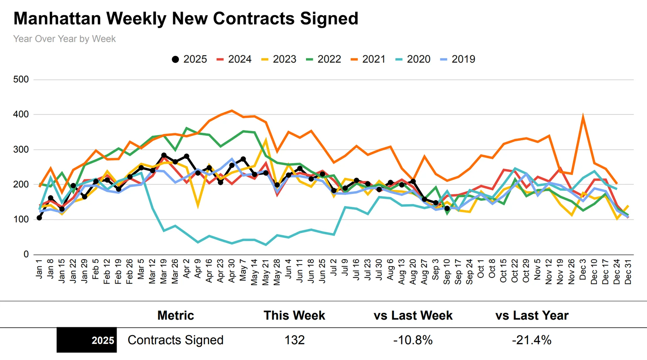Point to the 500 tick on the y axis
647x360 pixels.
coord(21,79)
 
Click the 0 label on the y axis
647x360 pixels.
coord(26,254)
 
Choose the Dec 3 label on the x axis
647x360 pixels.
coord(583,269)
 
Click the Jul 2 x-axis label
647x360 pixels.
coord(334,268)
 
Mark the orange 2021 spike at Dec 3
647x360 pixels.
coord(583,117)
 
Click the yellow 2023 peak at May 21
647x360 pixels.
coord(266,140)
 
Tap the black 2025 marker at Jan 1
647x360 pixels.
coord(39,218)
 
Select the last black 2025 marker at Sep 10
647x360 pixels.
coord(447,208)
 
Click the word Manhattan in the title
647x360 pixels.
coord(57,19)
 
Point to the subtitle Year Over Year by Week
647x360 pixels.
coord(64,39)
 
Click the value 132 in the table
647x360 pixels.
coord(295,340)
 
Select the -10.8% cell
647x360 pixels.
coord(413,340)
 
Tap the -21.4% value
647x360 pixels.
coord(532,340)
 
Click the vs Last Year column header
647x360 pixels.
coord(532,316)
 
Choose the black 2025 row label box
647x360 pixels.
coord(87,340)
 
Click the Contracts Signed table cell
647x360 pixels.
coord(176,340)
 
